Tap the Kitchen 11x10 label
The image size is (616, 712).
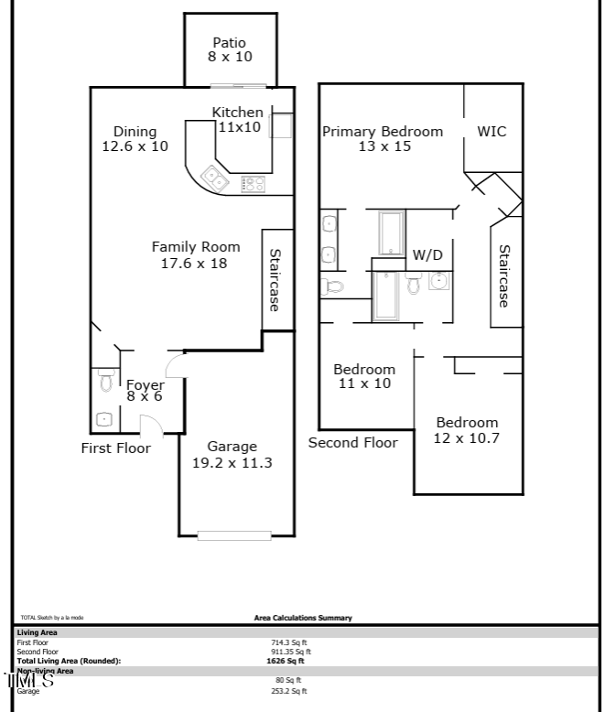pos(238,120)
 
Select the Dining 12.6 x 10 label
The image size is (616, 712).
pos(135,138)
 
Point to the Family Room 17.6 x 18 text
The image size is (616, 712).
pos(195,254)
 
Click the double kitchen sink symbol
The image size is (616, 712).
pos(215,177)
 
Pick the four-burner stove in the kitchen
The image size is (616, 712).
pos(254,184)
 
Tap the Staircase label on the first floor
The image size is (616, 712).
pos(275,279)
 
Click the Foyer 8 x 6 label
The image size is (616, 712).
pos(145,391)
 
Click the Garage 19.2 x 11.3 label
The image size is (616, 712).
pos(232,455)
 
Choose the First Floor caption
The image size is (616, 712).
pos(115,448)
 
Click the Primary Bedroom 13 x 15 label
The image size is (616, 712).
pos(382,138)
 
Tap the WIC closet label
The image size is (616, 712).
pos(492,132)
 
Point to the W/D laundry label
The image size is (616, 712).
pos(427,255)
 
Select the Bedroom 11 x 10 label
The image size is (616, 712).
pos(363,376)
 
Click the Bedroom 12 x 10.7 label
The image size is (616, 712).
pos(467,430)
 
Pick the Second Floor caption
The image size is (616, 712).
pos(352,443)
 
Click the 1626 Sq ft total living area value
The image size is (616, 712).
pos(285,661)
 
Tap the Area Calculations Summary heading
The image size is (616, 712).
pos(303,618)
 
